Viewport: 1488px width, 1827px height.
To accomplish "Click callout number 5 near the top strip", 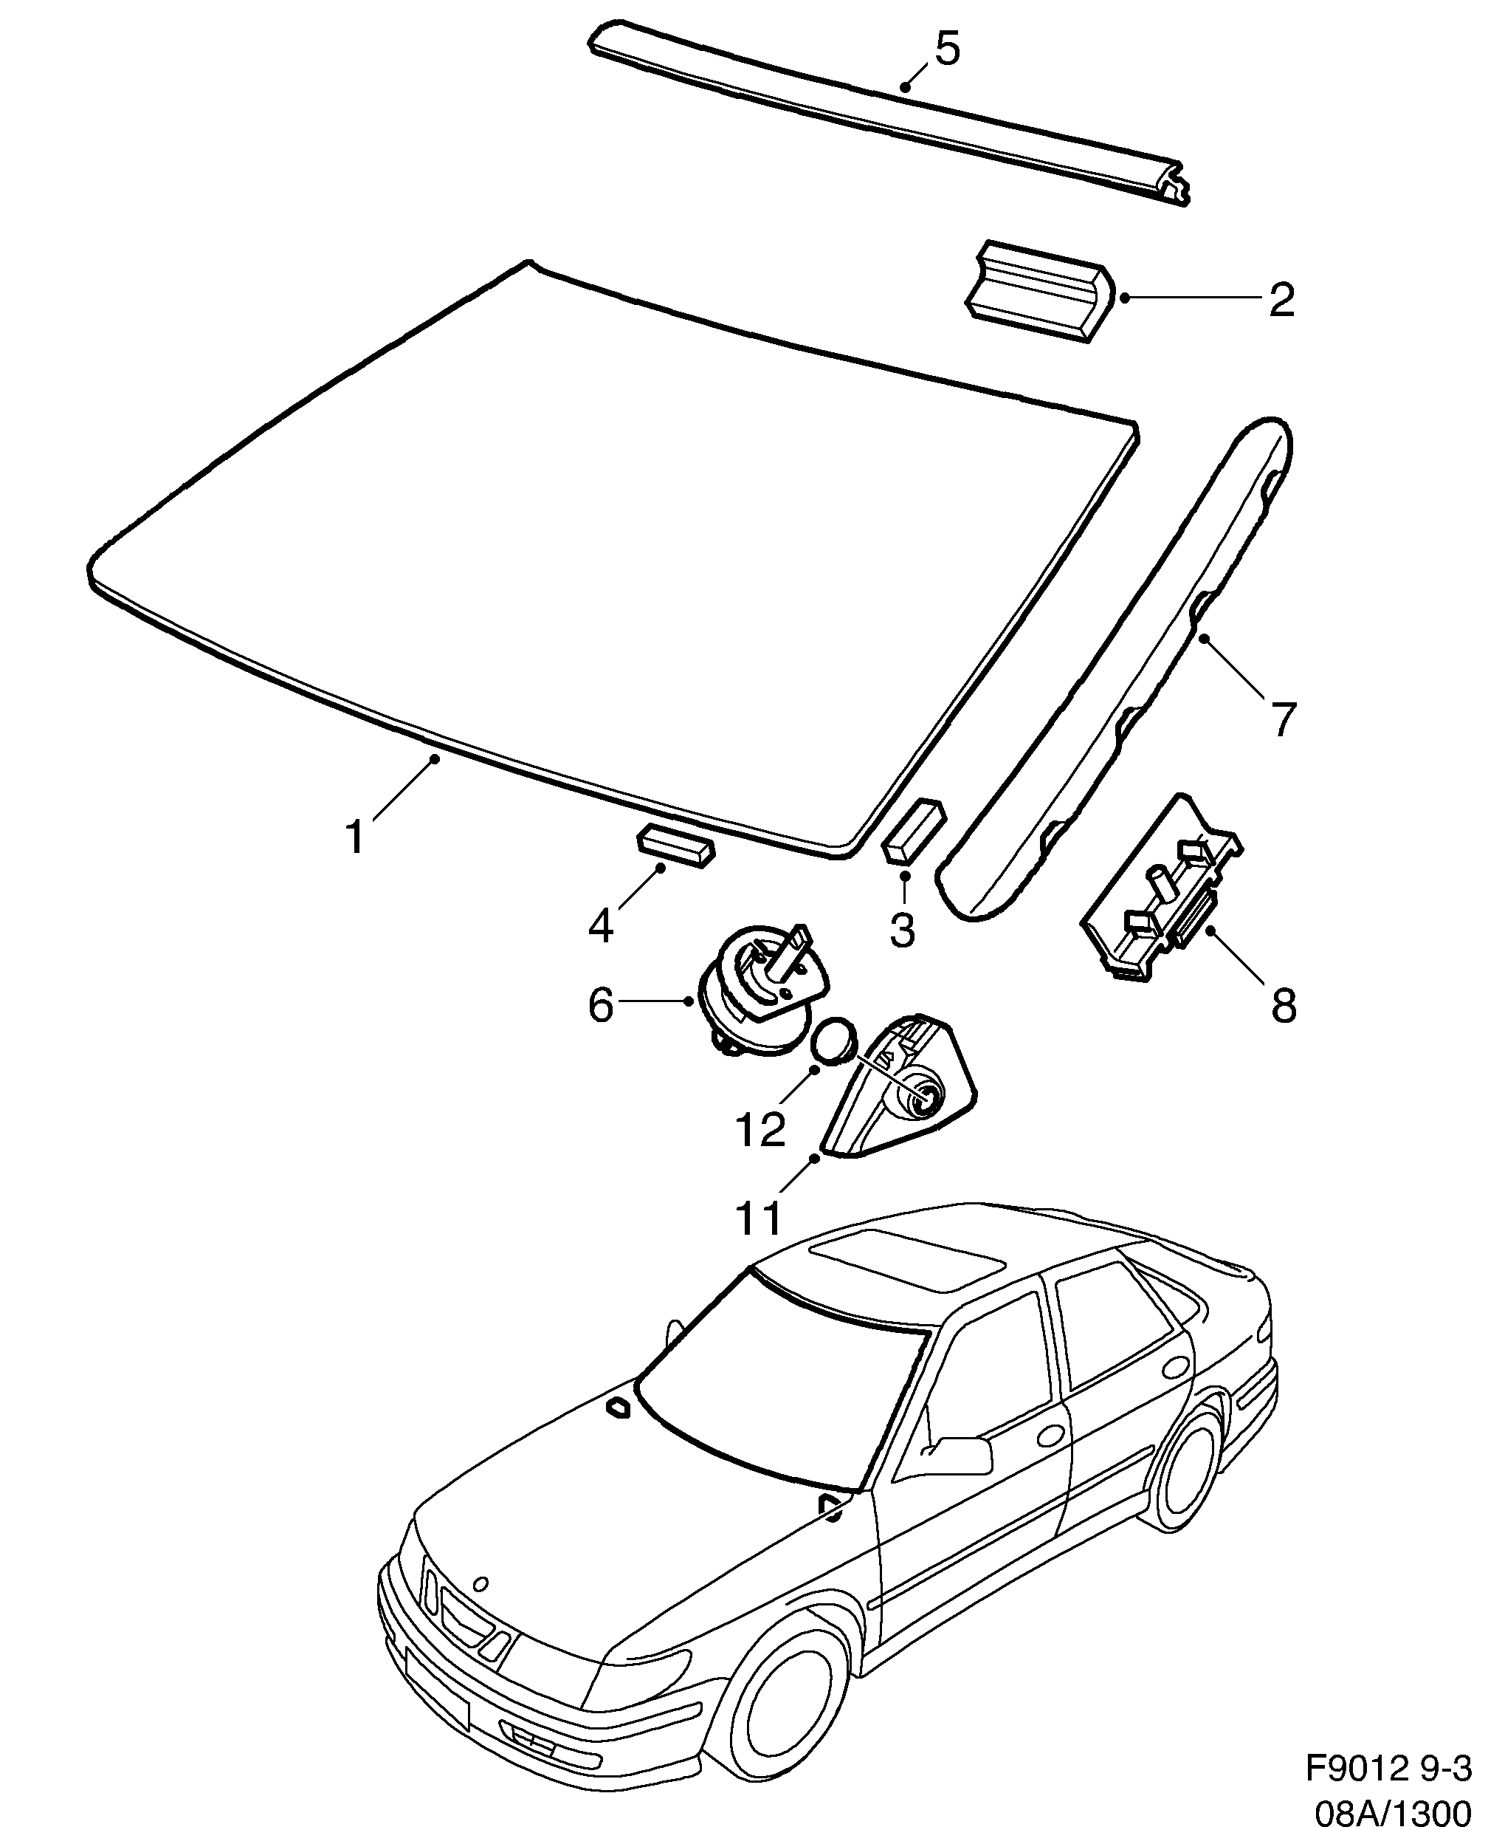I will click(946, 49).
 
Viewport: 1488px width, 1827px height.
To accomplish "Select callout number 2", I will click(1281, 300).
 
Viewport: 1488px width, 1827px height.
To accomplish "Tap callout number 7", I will click(1282, 719).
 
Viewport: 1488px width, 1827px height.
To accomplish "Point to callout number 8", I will click(1283, 1005).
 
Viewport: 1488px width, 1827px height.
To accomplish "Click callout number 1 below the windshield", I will click(355, 836).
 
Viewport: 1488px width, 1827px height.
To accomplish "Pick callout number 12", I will click(760, 1128).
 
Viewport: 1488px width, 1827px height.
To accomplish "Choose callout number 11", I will click(759, 1216).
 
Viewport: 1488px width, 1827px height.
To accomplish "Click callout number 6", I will click(601, 1005).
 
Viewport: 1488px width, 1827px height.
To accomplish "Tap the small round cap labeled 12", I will click(834, 1041).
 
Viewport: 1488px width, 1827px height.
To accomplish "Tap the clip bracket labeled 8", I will click(1162, 891).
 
